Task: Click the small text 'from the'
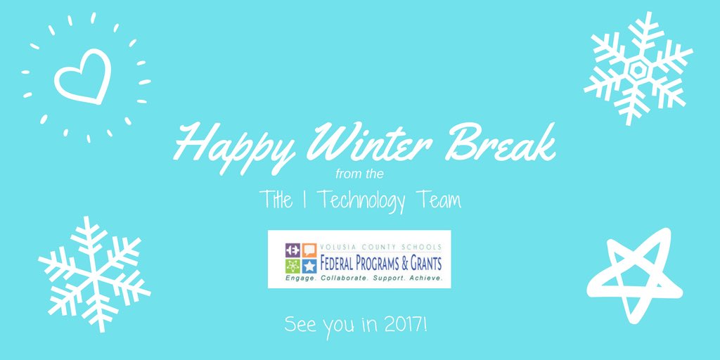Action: click(359, 171)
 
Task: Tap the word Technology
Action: click(361, 200)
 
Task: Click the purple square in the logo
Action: click(292, 250)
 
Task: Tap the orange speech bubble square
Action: click(309, 250)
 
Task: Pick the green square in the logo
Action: click(292, 266)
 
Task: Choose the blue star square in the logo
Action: click(309, 266)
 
